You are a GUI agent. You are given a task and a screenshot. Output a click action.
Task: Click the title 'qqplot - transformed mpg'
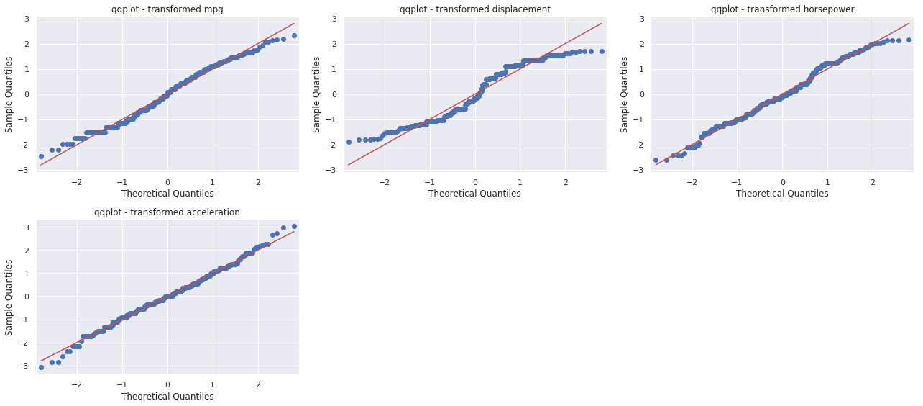pos(167,9)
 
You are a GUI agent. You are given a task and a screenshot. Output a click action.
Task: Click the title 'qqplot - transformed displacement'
pos(474,9)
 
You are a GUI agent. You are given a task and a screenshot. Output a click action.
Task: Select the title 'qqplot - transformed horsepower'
pos(782,9)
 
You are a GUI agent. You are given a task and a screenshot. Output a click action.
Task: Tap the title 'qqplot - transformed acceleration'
pos(167,212)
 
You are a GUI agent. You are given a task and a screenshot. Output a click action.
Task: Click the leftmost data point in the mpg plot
pos(41,156)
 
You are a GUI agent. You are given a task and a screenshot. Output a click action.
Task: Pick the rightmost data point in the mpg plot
pos(294,35)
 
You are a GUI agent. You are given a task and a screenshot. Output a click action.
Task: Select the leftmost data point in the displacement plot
pos(349,142)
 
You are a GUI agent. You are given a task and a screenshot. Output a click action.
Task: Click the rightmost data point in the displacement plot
pos(602,51)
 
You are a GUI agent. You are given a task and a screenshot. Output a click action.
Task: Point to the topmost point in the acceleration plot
pos(294,226)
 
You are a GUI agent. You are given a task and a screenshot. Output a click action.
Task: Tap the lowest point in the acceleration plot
pos(41,367)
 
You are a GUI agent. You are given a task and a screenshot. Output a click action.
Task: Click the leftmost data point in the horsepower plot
pos(656,160)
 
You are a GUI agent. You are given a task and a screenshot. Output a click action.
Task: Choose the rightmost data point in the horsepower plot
pos(909,40)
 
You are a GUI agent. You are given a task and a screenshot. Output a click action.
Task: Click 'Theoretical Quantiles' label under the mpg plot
pos(167,194)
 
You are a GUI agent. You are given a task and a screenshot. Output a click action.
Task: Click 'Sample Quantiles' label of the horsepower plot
pos(624,94)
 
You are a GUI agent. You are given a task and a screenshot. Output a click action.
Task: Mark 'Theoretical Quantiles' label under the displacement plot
pos(474,194)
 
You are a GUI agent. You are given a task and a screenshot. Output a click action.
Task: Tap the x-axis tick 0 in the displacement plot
pos(475,180)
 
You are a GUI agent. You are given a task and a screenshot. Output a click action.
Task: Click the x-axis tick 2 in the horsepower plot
pos(873,180)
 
